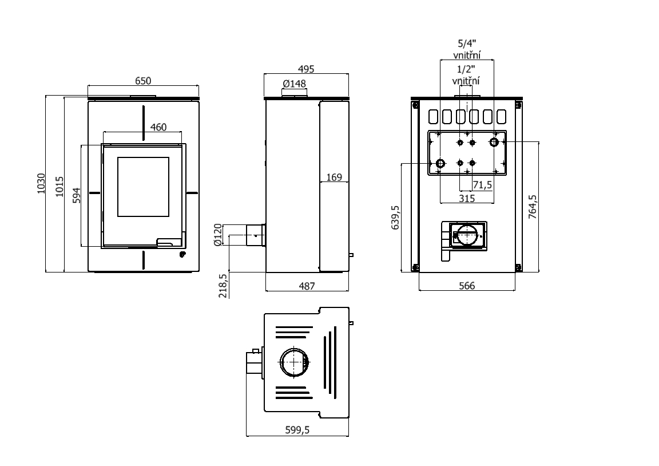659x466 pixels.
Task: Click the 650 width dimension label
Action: (142, 81)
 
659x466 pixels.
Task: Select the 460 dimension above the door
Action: (158, 127)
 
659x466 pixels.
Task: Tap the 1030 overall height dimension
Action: (41, 183)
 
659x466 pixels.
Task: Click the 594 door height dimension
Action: (77, 195)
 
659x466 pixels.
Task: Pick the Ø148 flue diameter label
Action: (295, 84)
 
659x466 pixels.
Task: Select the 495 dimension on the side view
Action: (307, 69)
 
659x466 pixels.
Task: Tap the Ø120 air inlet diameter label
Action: (217, 235)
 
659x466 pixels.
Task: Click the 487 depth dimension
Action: (307, 286)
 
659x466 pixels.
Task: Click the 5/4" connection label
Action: (467, 43)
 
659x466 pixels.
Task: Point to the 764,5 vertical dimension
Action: (533, 207)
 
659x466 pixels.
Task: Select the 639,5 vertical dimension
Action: (395, 218)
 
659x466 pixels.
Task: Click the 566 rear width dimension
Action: (467, 286)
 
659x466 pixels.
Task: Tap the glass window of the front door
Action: (144, 185)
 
